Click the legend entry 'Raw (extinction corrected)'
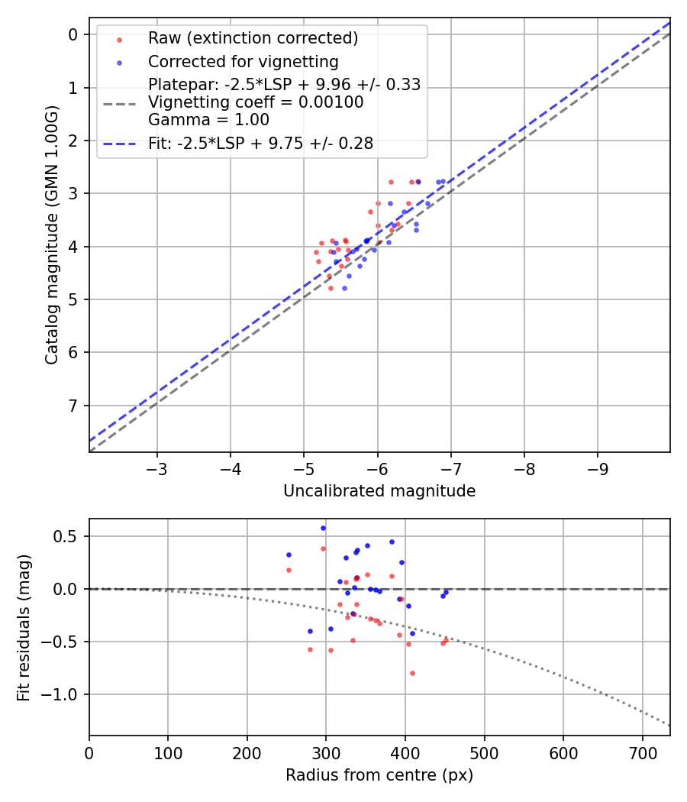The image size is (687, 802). click(253, 38)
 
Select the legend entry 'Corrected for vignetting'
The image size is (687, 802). click(243, 61)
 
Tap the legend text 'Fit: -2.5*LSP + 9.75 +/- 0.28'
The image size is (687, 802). click(260, 144)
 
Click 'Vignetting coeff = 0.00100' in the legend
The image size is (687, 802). click(256, 102)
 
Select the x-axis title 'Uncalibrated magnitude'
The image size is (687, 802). click(379, 491)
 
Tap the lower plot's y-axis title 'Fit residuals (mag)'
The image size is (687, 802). click(24, 627)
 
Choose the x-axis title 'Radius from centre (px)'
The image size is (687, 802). click(379, 775)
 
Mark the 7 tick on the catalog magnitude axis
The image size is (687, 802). click(73, 406)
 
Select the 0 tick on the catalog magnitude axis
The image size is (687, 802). click(73, 34)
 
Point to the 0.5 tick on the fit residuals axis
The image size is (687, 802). click(69, 536)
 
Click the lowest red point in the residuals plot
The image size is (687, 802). click(412, 673)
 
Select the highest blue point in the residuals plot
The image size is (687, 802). click(323, 528)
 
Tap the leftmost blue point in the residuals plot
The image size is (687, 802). click(289, 555)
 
